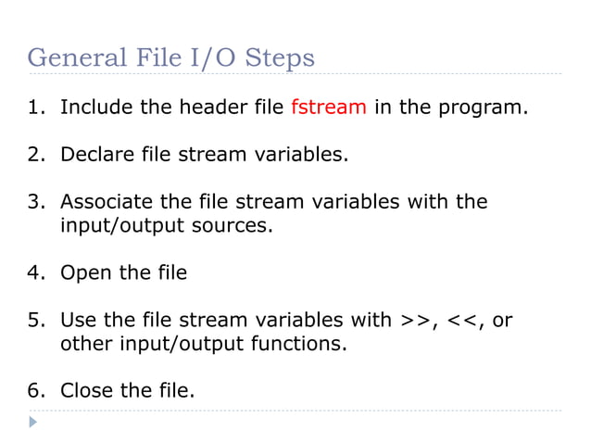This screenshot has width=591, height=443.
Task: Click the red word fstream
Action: pyautogui.click(x=329, y=108)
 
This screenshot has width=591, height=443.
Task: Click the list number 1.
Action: pyautogui.click(x=34, y=108)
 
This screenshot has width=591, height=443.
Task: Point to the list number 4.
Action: pyautogui.click(x=34, y=272)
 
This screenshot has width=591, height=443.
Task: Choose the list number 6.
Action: pyautogui.click(x=34, y=391)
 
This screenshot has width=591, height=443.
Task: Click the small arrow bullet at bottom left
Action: pyautogui.click(x=33, y=423)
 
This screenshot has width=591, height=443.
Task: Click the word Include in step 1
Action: pyautogui.click(x=96, y=108)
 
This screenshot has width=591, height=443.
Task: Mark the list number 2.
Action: pyautogui.click(x=34, y=154)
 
